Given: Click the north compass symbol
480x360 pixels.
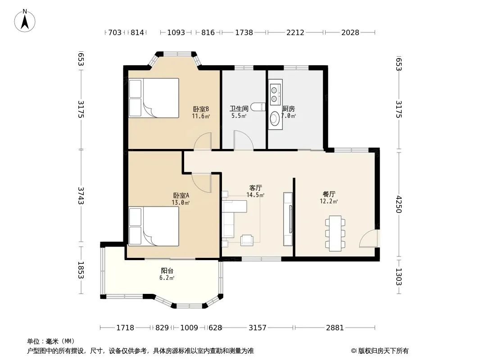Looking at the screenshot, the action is (x=25, y=21).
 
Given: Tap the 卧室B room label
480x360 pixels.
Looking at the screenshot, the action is (x=201, y=109).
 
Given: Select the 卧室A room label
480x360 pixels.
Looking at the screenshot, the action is (x=181, y=195).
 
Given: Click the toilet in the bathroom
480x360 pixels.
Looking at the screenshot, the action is (x=258, y=107).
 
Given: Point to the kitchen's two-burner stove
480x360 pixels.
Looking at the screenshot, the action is (x=275, y=92).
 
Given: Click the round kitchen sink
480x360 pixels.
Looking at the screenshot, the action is (x=275, y=118).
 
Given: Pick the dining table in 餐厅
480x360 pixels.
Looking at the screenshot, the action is (x=335, y=234).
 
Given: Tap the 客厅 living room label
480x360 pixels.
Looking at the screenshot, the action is (x=256, y=188).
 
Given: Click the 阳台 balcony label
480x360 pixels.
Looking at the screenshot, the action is (x=167, y=271).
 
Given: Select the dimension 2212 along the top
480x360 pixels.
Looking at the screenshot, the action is (x=295, y=32).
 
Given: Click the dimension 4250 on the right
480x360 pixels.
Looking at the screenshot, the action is (x=398, y=204).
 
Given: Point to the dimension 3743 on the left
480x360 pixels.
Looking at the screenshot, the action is (x=81, y=196).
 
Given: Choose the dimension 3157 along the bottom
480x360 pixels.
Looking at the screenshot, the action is (x=258, y=328).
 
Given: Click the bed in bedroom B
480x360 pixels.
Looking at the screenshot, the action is (x=154, y=98).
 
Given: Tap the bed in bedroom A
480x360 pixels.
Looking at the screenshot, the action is (x=154, y=226).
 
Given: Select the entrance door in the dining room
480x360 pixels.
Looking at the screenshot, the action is (x=369, y=238).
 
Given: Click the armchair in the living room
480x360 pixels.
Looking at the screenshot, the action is (x=247, y=240).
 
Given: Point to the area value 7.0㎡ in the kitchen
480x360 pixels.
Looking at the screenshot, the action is (x=289, y=116).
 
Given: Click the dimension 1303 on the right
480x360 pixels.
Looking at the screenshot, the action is (x=398, y=276).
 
